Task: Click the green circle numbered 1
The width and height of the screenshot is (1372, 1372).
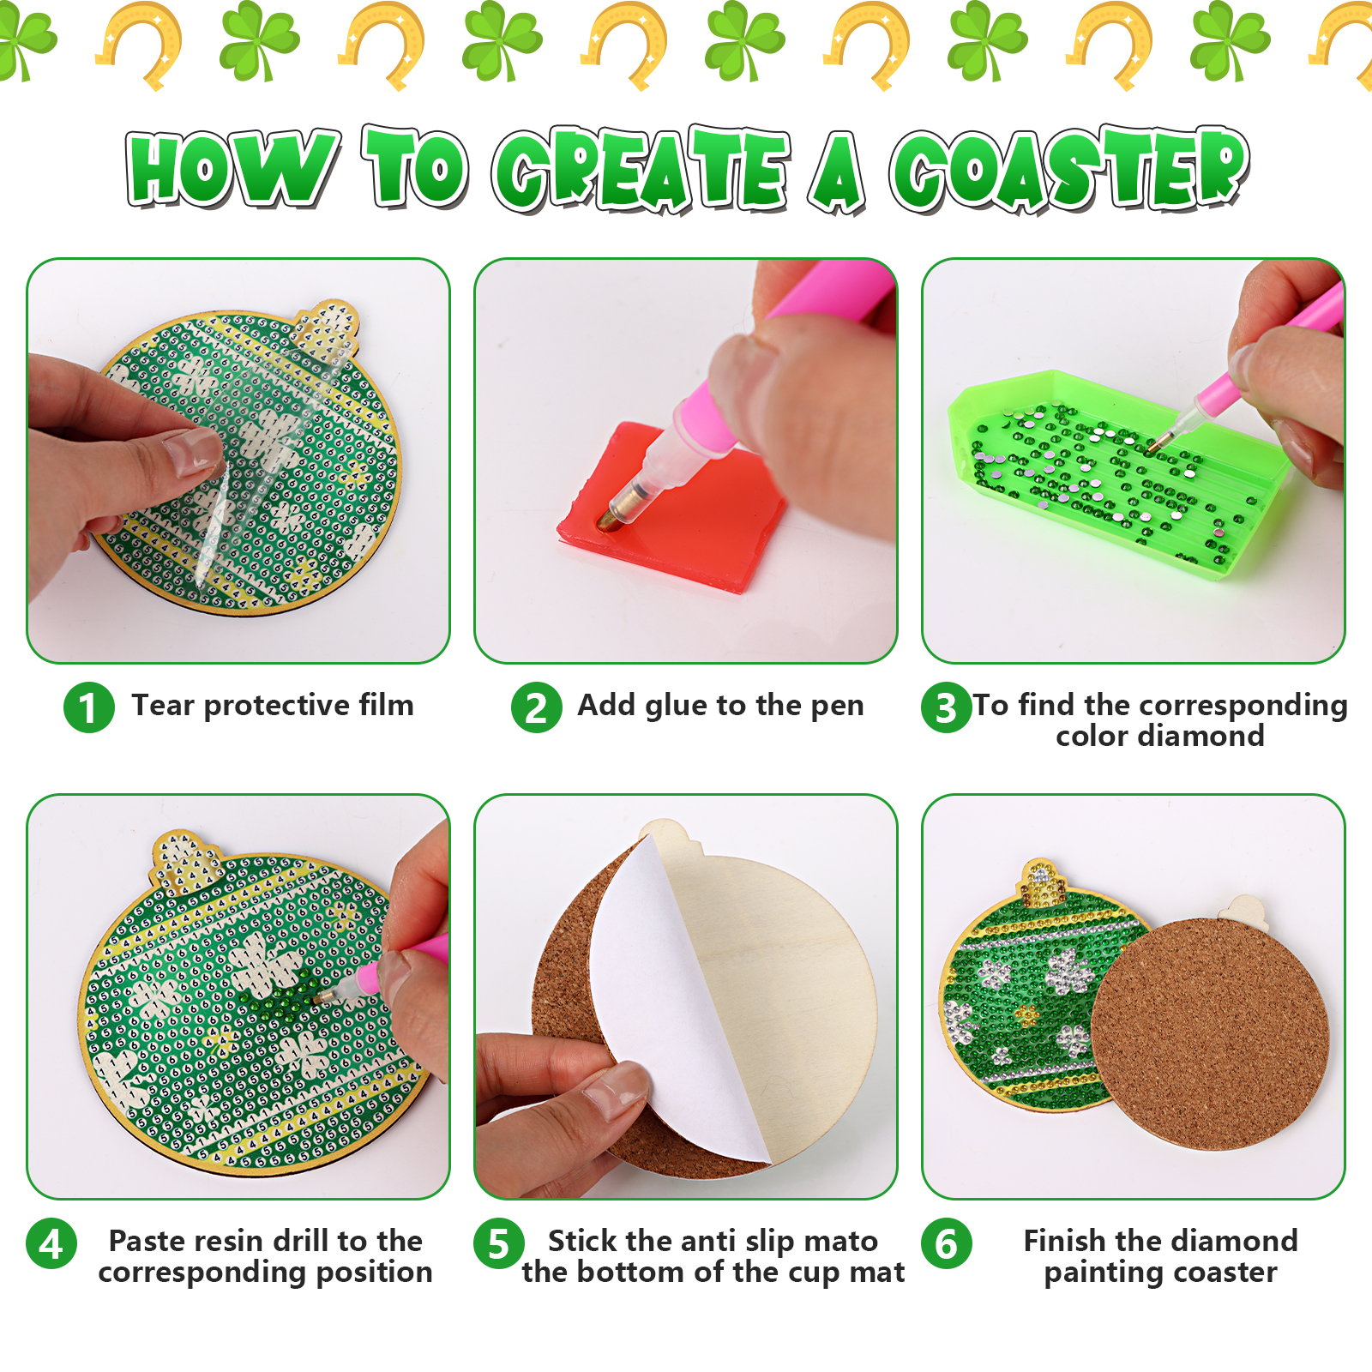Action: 89,707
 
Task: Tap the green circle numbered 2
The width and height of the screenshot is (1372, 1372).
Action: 537,707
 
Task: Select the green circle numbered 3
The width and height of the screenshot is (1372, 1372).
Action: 947,707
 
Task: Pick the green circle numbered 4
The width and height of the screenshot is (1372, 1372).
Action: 51,1243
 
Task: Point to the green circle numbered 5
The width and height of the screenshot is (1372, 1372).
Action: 499,1243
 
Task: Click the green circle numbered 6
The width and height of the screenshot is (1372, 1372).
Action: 947,1243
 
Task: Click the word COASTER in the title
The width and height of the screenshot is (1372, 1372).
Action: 1069,169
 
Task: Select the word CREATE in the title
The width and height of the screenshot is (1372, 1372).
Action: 641,169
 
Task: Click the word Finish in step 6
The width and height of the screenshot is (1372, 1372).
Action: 1064,1241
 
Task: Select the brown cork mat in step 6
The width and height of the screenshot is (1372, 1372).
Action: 1209,1033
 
